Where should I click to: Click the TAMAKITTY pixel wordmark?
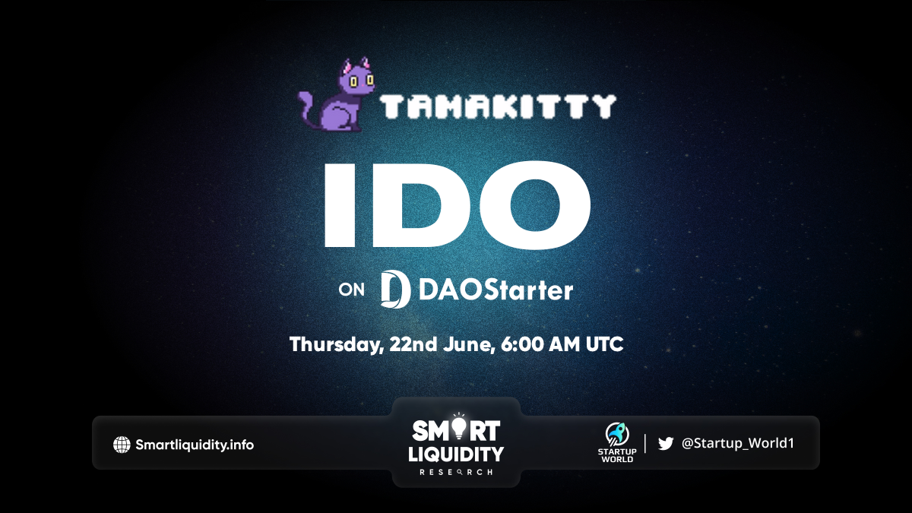[498, 106]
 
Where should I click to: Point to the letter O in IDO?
[535, 204]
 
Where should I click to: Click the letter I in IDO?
[340, 204]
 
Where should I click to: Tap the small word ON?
[351, 290]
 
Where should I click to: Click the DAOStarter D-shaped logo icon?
[394, 289]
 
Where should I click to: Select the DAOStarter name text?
[496, 290]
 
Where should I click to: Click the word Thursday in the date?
[336, 345]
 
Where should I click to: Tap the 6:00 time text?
[522, 344]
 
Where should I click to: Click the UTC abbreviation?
[604, 344]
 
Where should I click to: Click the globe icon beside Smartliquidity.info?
[122, 445]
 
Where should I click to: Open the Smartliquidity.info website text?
[195, 445]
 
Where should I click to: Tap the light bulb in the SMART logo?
[459, 426]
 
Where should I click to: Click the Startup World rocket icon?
[617, 434]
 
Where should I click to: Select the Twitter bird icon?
[666, 443]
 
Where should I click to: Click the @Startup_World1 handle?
[738, 443]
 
